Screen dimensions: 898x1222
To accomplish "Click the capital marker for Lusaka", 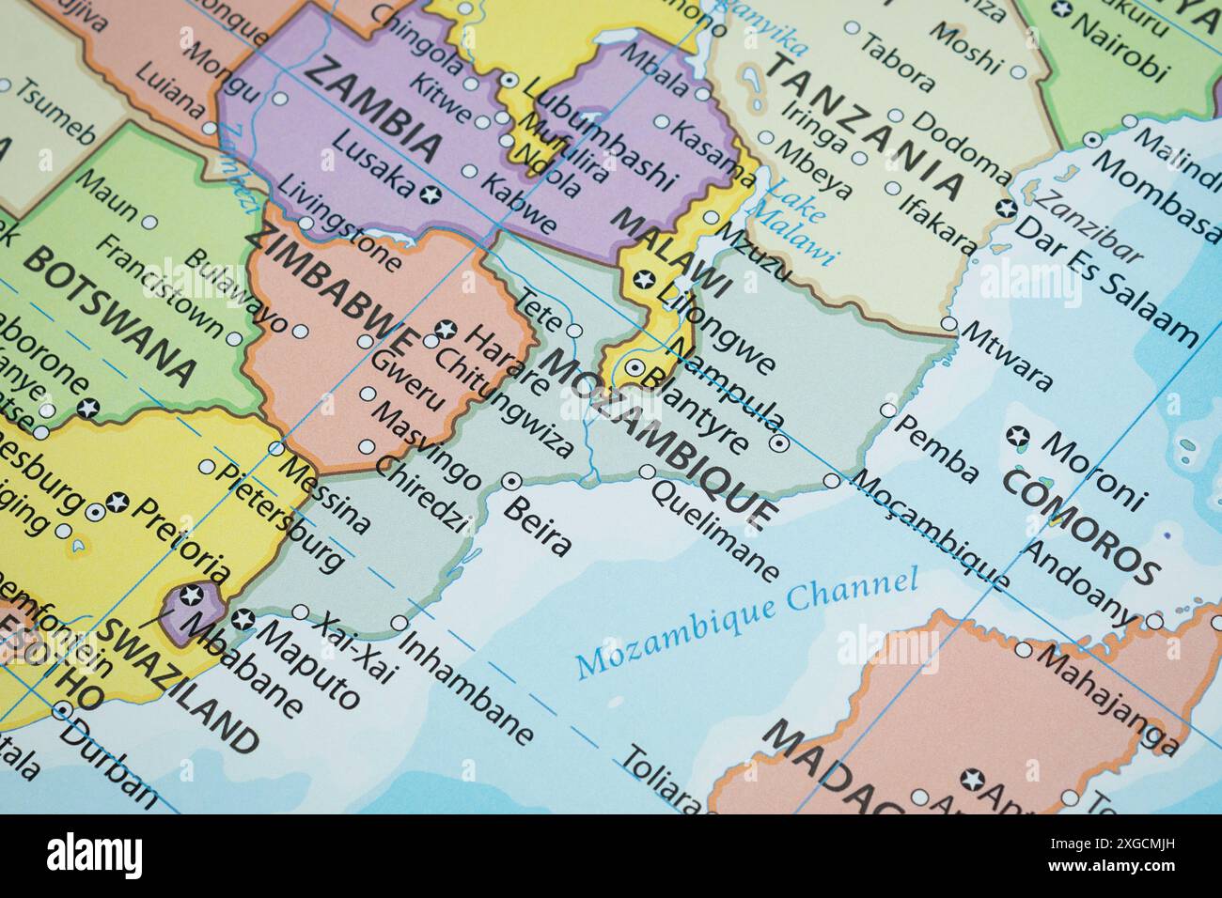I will pyautogui.click(x=431, y=194).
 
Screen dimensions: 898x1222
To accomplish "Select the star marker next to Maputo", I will pyautogui.click(x=243, y=618).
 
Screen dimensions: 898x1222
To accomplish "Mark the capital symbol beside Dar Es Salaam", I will pyautogui.click(x=1007, y=209).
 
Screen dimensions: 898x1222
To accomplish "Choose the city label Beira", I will pyautogui.click(x=538, y=526).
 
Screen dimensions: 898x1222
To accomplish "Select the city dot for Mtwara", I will pyautogui.click(x=948, y=325).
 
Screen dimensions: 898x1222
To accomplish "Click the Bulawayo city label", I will pyautogui.click(x=236, y=291).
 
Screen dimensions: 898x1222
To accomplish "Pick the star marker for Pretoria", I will pyautogui.click(x=117, y=501).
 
